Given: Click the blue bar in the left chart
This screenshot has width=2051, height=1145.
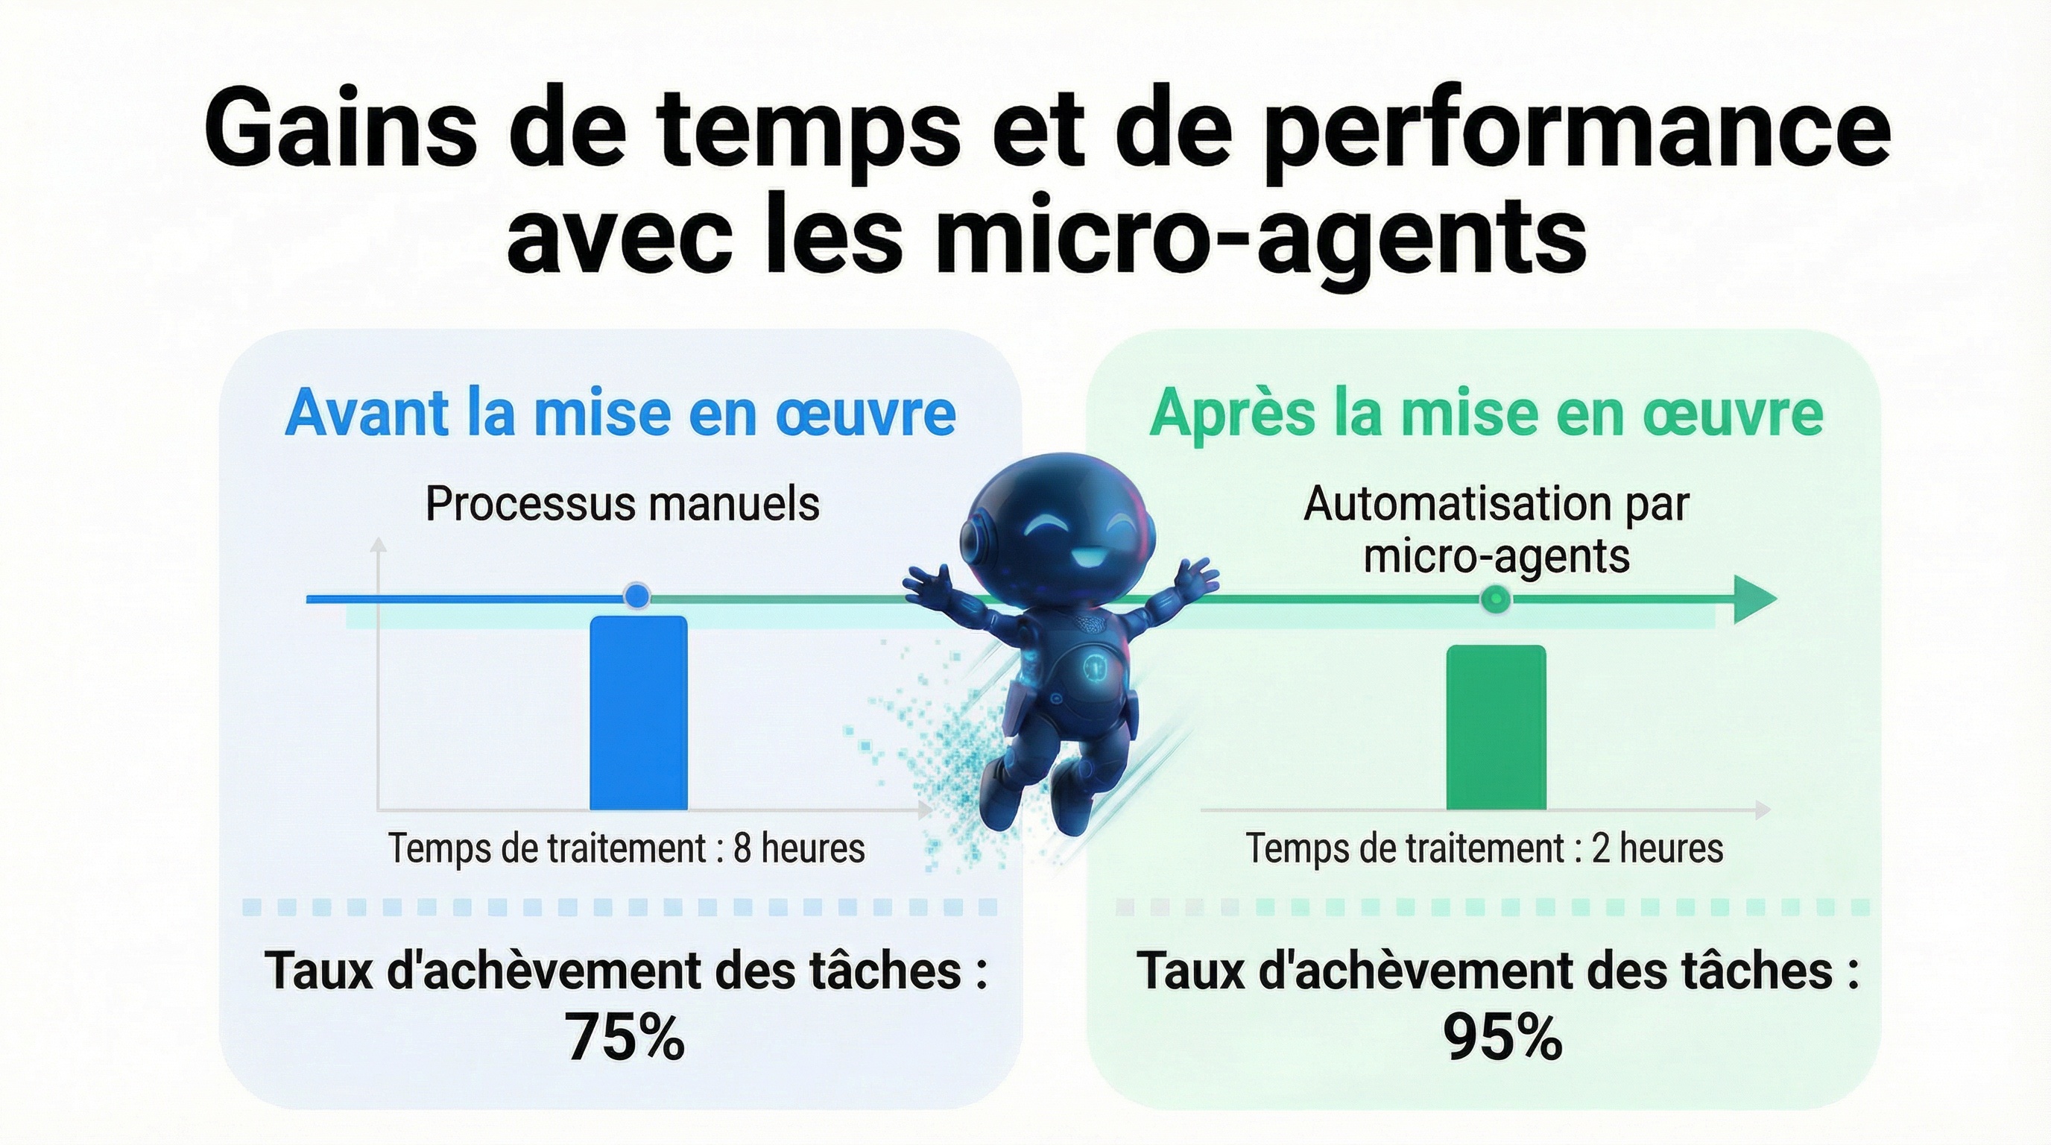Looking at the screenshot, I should pyautogui.click(x=638, y=713).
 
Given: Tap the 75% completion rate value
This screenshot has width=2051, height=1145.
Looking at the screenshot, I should pyautogui.click(x=625, y=1038).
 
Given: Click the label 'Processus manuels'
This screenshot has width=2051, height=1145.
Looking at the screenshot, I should pyautogui.click(x=622, y=504).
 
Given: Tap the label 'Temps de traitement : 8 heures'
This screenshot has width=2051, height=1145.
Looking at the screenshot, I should pyautogui.click(x=627, y=848).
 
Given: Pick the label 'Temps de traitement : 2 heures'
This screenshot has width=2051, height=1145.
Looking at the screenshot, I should pyautogui.click(x=1484, y=848).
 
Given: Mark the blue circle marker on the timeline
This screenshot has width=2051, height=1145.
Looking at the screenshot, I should pyautogui.click(x=636, y=595).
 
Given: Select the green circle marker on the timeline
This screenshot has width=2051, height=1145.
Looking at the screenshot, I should pyautogui.click(x=1495, y=598).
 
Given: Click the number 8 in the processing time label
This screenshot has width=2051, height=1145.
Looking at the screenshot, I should pyautogui.click(x=742, y=848).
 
